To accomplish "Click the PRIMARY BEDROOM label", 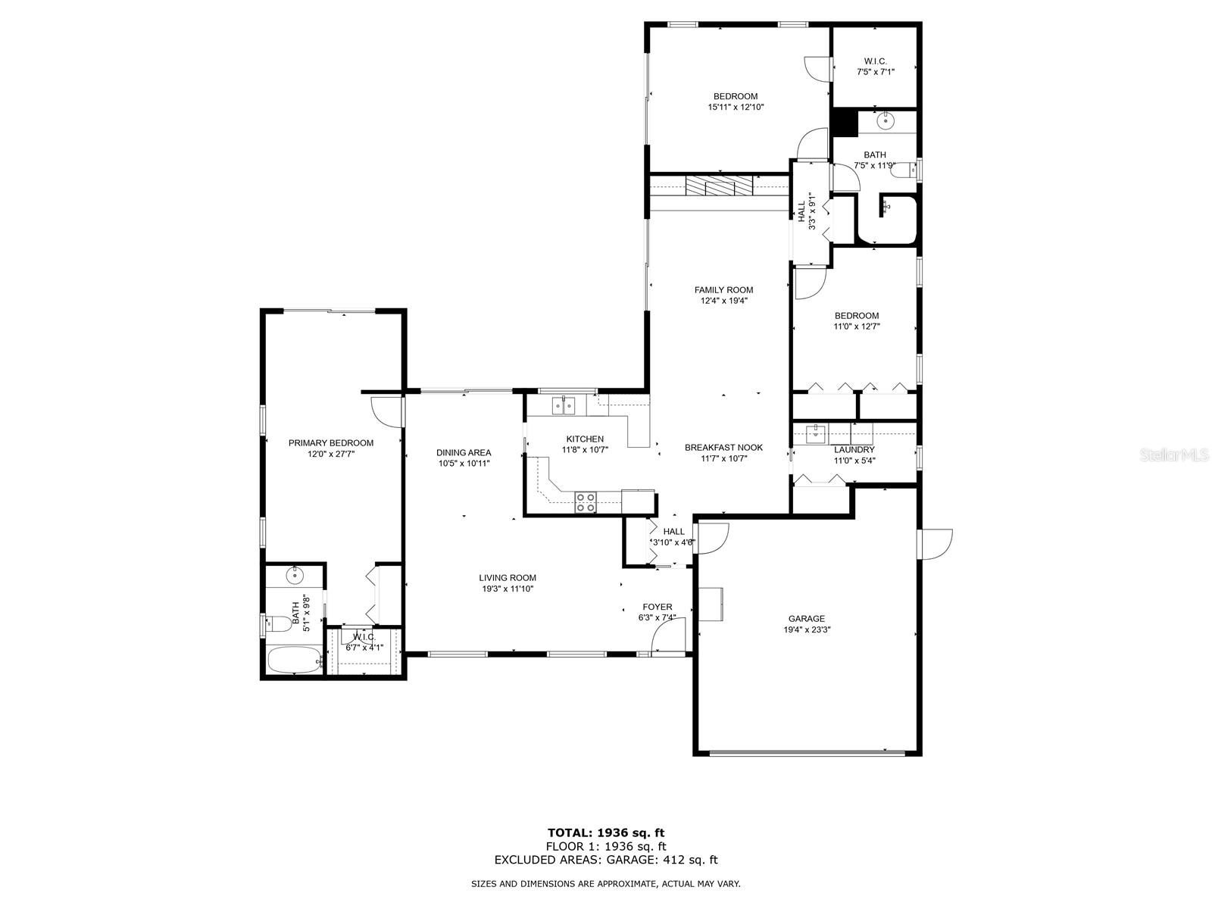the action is tap(331, 442).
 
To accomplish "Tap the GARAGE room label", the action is tap(806, 619).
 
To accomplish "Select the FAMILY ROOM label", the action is tap(723, 290).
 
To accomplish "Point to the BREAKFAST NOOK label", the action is tap(723, 448).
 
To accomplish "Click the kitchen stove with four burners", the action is tap(586, 502).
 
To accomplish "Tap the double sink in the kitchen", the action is tap(564, 406).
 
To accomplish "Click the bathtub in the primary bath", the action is tap(295, 660).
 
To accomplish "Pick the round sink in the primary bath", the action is tap(295, 576).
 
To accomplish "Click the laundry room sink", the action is tap(814, 434).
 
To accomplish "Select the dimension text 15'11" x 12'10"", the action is tap(736, 108).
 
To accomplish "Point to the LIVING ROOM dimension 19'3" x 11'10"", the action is tap(508, 589).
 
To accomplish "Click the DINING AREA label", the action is tap(464, 453).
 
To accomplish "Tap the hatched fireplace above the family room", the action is tap(719, 186).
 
